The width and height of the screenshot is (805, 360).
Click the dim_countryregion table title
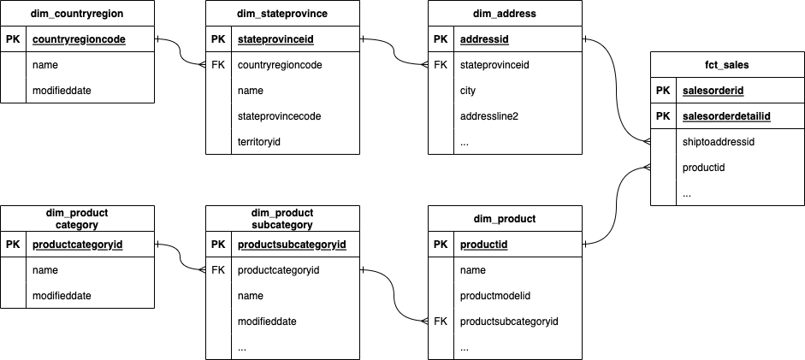[77, 14]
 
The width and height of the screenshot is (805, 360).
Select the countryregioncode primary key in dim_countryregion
[79, 39]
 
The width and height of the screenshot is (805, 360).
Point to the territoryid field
[259, 142]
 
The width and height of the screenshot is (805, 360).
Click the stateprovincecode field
[277, 116]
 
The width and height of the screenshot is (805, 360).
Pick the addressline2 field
[489, 116]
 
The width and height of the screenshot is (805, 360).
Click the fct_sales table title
[727, 65]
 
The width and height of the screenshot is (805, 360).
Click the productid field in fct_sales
[704, 168]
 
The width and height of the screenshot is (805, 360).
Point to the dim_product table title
[505, 219]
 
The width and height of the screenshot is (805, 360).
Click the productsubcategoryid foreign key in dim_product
[509, 322]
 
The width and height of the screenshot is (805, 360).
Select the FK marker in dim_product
[441, 322]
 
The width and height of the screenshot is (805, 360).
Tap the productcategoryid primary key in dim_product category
[78, 245]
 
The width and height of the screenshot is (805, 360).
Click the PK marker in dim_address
[441, 39]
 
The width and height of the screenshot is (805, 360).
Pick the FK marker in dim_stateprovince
[218, 65]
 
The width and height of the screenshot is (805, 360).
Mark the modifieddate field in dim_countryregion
[62, 91]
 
